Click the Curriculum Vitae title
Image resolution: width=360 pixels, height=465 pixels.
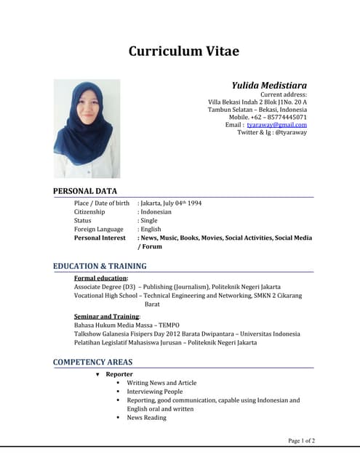click(x=183, y=51)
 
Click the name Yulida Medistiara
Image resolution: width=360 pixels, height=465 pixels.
click(x=269, y=85)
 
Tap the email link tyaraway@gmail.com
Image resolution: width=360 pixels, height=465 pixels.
click(x=276, y=124)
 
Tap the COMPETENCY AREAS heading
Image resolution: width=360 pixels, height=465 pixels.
click(x=92, y=362)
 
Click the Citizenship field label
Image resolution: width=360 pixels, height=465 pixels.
click(x=89, y=211)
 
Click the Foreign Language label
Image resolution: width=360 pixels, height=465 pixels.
click(x=99, y=229)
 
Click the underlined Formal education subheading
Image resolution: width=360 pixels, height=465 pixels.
click(x=101, y=278)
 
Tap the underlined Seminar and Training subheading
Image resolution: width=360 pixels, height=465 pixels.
click(x=107, y=317)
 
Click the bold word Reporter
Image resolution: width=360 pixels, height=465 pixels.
click(x=119, y=373)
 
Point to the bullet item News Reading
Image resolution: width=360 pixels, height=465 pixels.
click(x=146, y=417)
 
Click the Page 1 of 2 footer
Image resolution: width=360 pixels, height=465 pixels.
click(x=302, y=440)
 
